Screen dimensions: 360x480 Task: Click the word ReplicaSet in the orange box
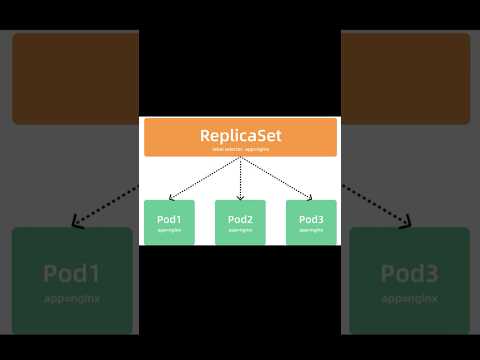point(240,134)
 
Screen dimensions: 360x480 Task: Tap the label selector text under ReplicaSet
point(240,149)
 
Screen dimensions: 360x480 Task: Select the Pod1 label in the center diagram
point(169,219)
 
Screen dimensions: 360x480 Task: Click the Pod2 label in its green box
point(240,219)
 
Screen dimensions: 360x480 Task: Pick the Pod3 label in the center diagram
point(311,219)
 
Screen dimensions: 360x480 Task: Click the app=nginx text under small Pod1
point(169,230)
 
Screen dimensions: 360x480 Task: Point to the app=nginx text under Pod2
point(240,230)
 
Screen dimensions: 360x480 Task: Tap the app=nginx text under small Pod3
point(311,230)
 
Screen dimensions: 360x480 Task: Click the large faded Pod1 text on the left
point(72,272)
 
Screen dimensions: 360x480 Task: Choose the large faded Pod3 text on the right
point(409,272)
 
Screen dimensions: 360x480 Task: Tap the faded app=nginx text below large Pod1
point(72,298)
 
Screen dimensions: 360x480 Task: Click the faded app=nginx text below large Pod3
point(409,298)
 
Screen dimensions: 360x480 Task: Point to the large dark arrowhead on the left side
point(74,221)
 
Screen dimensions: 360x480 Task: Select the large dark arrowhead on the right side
point(406,221)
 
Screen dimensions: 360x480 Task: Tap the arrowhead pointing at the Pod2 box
point(240,196)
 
